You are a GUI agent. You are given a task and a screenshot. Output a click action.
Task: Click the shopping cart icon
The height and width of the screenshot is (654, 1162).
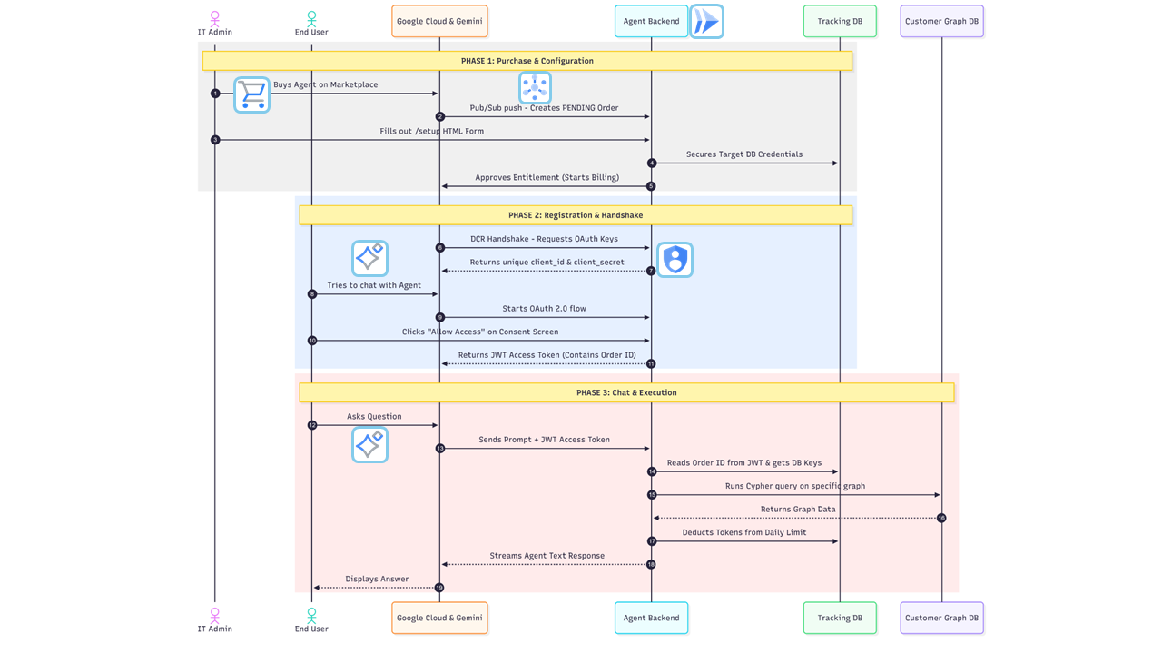(x=251, y=94)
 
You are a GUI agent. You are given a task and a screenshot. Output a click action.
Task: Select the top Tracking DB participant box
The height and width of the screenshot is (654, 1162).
(x=840, y=21)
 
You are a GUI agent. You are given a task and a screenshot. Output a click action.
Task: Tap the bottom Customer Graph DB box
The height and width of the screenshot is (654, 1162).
(x=941, y=618)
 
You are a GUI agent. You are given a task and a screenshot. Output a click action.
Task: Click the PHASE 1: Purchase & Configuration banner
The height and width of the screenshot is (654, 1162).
(x=527, y=61)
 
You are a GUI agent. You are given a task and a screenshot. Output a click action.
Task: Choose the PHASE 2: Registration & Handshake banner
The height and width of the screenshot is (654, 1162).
(x=575, y=215)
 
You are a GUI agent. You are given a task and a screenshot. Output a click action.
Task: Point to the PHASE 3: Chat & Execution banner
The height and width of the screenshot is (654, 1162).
(x=625, y=392)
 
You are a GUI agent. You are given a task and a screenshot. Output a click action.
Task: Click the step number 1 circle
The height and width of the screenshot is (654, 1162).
(x=215, y=94)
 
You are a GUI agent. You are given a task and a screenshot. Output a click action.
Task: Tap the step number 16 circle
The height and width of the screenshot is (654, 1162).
(x=941, y=518)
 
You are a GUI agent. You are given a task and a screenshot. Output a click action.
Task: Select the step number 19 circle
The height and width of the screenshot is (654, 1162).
(x=439, y=588)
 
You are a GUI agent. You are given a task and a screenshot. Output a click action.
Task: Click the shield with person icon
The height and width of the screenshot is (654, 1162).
(x=675, y=260)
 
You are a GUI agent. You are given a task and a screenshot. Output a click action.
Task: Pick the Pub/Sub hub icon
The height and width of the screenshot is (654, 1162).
(x=535, y=88)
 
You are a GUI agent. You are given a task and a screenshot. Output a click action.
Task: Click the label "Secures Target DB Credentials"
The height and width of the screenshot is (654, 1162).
(x=743, y=154)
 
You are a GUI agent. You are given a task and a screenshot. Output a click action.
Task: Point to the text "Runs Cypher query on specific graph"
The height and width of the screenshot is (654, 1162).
(x=794, y=486)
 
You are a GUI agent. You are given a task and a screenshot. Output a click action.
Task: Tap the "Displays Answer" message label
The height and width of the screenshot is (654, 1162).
(x=377, y=579)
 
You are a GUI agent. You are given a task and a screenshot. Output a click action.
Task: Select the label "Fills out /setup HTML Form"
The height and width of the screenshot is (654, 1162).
(x=431, y=131)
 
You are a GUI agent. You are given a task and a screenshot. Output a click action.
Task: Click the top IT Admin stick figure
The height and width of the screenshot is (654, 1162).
(x=215, y=17)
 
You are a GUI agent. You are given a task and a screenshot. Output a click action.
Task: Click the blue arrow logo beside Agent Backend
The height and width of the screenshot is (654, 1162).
(x=706, y=21)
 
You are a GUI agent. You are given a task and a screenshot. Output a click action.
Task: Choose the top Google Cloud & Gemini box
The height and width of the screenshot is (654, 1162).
(x=439, y=21)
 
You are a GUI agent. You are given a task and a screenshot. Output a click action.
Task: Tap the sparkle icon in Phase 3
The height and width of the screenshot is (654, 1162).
(x=369, y=445)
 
